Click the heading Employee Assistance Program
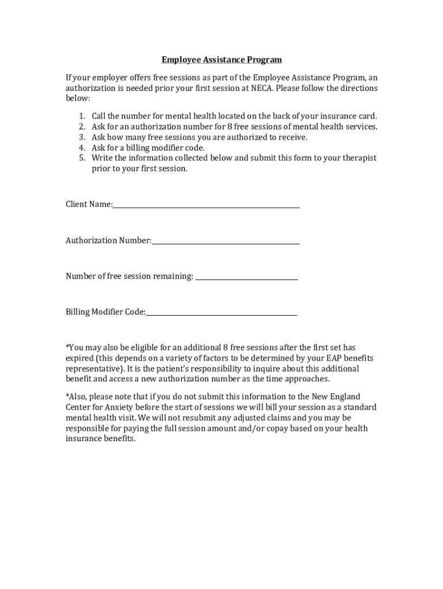pyautogui.click(x=221, y=59)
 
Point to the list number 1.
pyautogui.click(x=82, y=116)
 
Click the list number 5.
pyautogui.click(x=82, y=158)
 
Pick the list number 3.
pyautogui.click(x=82, y=137)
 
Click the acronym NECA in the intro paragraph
pyautogui.click(x=262, y=89)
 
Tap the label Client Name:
pyautogui.click(x=89, y=204)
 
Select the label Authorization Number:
pyautogui.click(x=108, y=240)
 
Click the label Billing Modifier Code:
pyautogui.click(x=105, y=312)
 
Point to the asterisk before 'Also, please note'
pyautogui.click(x=67, y=396)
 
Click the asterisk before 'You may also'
pyautogui.click(x=67, y=347)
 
